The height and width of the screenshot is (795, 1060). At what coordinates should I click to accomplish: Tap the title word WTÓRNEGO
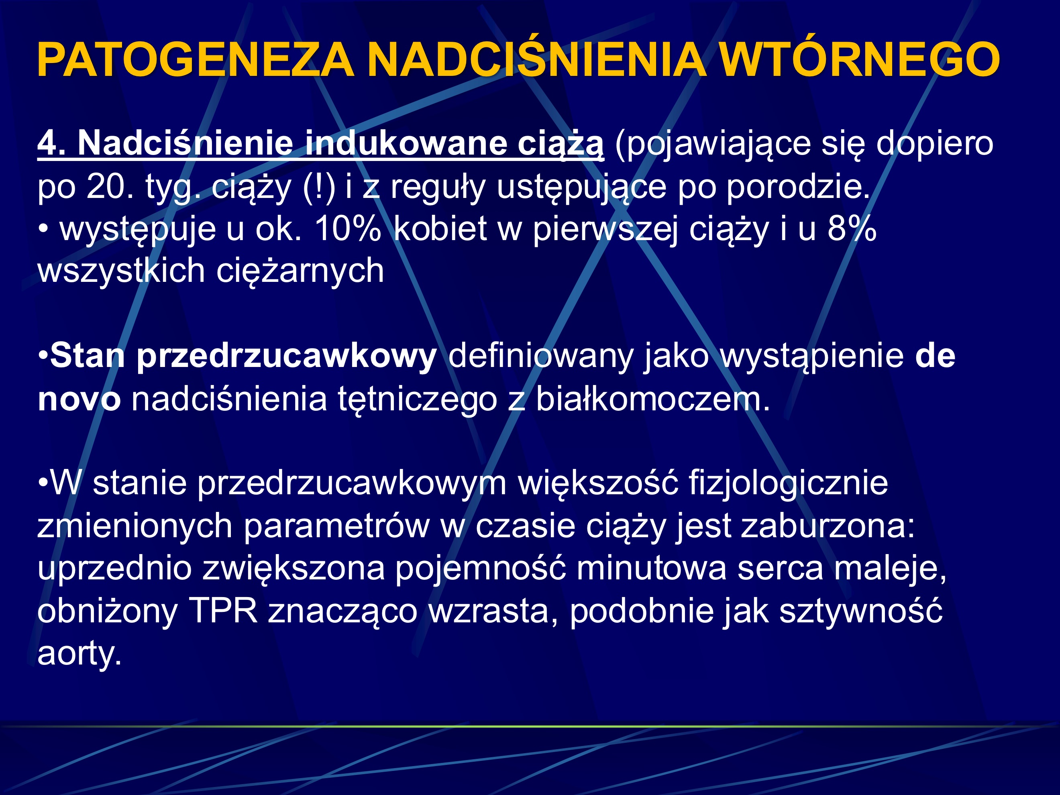point(860,60)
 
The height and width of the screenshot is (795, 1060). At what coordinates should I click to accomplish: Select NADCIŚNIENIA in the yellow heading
point(537,60)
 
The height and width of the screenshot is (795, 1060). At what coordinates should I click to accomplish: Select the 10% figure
point(348,228)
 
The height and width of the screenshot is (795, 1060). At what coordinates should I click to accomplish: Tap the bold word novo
point(79,399)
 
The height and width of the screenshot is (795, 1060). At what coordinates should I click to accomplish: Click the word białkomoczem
point(652,399)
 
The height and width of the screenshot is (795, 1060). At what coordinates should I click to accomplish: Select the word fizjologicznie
point(788,483)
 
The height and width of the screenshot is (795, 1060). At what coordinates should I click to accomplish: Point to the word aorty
point(79,653)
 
